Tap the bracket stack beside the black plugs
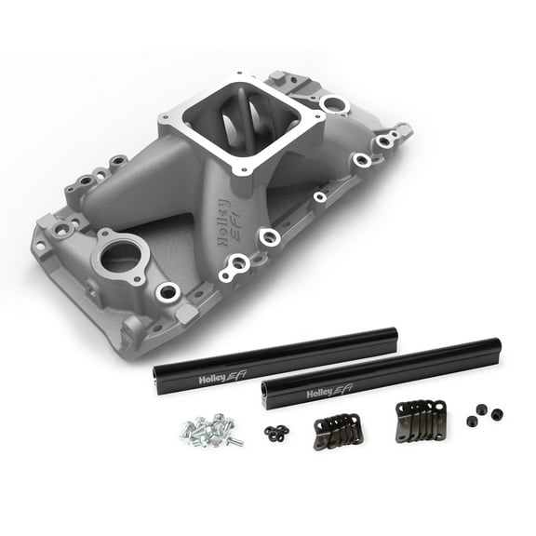tap(422, 416)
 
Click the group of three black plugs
tap(484, 414)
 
